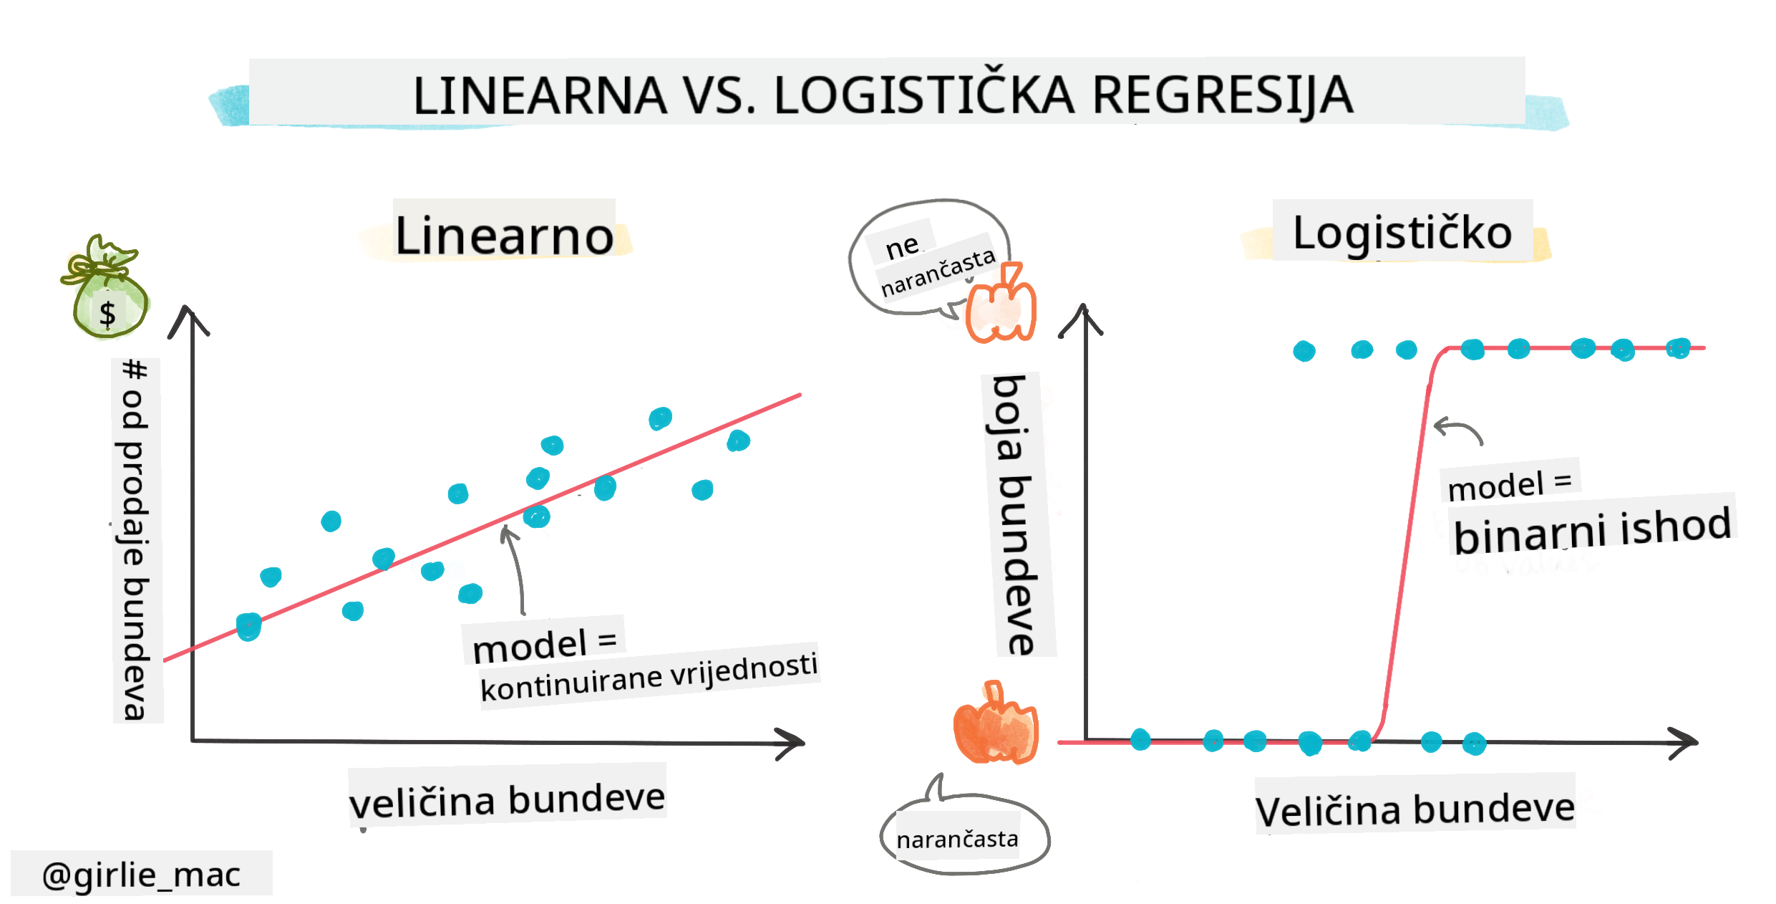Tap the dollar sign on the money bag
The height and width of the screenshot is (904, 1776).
[107, 314]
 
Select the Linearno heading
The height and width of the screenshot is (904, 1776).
[504, 235]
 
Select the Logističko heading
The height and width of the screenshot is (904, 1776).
[1402, 232]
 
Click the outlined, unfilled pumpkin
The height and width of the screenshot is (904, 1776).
[1001, 304]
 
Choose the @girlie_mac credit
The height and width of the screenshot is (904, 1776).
[141, 874]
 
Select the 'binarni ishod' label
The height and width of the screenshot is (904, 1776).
[1592, 530]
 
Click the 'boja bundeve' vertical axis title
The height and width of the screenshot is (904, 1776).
[1016, 514]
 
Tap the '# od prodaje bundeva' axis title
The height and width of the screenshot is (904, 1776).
[135, 539]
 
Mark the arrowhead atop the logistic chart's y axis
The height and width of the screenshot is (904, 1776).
[1082, 318]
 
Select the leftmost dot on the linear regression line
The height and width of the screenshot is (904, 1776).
[248, 627]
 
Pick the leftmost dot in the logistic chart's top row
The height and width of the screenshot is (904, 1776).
[1304, 351]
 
